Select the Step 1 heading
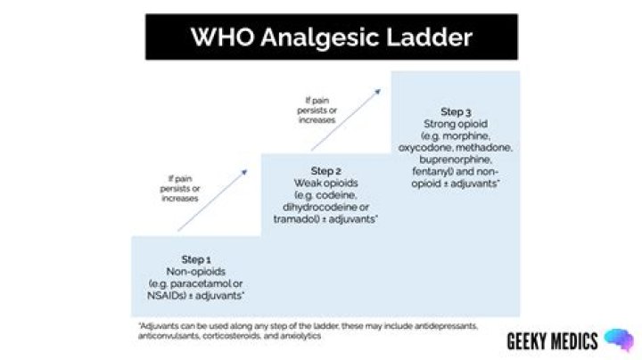point(196,259)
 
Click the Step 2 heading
point(326,170)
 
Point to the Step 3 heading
point(456,111)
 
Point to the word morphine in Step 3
point(466,135)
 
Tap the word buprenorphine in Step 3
point(456,160)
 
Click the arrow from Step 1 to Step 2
point(212,200)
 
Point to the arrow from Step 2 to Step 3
point(346,119)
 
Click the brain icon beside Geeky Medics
point(620,340)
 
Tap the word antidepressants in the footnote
point(446,326)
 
